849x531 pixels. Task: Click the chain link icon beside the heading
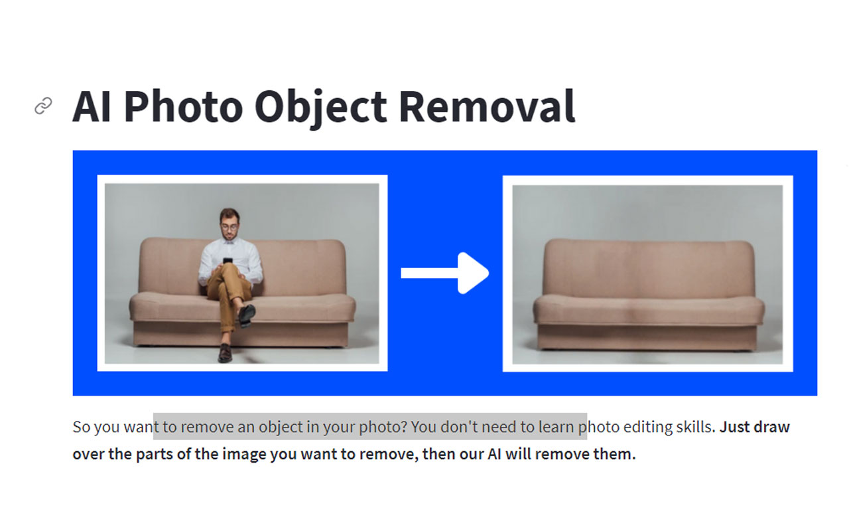(43, 106)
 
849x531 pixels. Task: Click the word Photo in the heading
(183, 107)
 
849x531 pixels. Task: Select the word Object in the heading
(320, 109)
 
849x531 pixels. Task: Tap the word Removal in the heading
(487, 106)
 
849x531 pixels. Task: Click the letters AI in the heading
(92, 107)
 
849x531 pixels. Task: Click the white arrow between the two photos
(445, 273)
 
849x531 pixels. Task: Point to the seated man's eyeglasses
(229, 227)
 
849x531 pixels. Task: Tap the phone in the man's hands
(228, 261)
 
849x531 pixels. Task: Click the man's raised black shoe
(246, 315)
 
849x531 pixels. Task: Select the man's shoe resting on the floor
(225, 352)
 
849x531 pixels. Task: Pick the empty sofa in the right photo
(649, 294)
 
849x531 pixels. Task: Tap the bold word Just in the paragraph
(735, 427)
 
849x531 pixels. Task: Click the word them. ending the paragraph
(614, 454)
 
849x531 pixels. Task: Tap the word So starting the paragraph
(81, 427)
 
